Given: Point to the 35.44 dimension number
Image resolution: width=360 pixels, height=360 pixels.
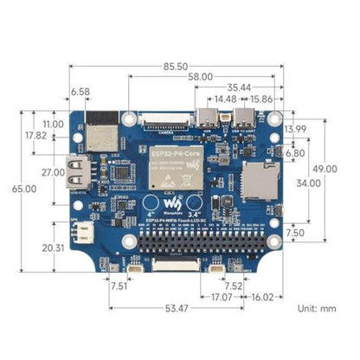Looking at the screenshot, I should pos(239,88).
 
